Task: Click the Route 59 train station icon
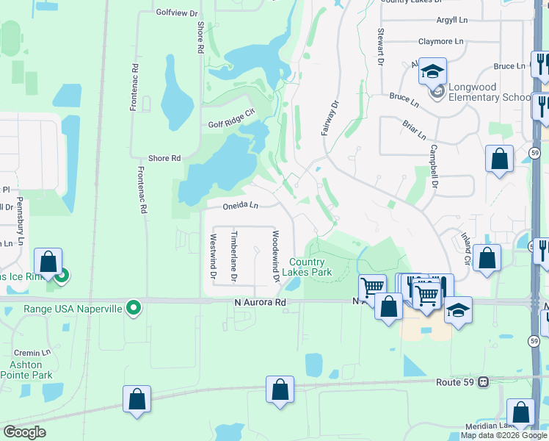[484, 382]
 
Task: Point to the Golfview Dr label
[177, 12]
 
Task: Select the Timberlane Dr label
[234, 257]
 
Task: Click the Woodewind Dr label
[276, 256]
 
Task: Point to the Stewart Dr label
[380, 46]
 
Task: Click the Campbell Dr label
[434, 166]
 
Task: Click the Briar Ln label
[414, 130]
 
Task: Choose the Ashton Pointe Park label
[32, 370]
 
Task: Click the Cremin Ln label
[35, 353]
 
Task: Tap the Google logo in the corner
[23, 432]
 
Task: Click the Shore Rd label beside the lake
[164, 158]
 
